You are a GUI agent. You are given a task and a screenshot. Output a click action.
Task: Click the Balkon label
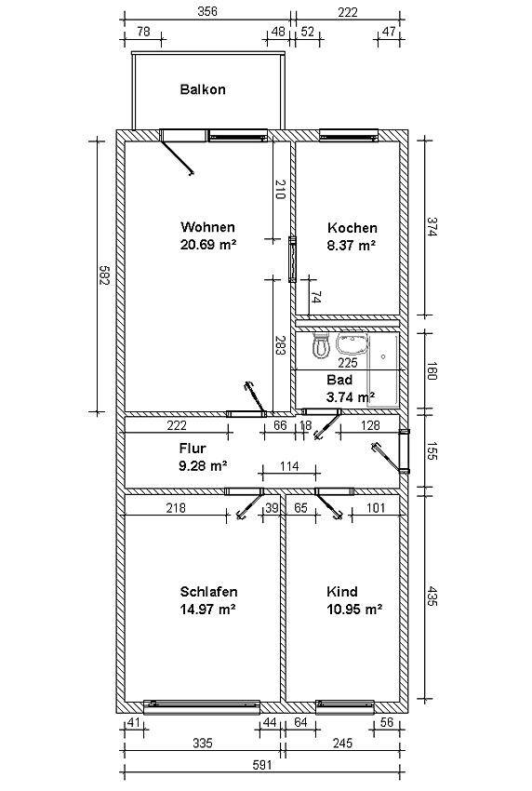pyautogui.click(x=203, y=89)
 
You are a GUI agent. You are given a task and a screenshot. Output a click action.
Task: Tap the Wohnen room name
pyautogui.click(x=207, y=227)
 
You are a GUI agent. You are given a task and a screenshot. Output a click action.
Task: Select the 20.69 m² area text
pyautogui.click(x=208, y=245)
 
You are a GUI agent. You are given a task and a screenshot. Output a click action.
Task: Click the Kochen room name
pyautogui.click(x=352, y=227)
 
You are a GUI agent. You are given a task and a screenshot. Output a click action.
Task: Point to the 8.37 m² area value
pyautogui.click(x=352, y=245)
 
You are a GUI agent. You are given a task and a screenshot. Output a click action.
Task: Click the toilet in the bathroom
pyautogui.click(x=321, y=345)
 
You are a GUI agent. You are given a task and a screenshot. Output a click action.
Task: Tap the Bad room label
pyautogui.click(x=339, y=380)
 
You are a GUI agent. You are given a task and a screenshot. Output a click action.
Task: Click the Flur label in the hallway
pyautogui.click(x=193, y=448)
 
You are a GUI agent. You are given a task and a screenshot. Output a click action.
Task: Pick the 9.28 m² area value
pyautogui.click(x=203, y=465)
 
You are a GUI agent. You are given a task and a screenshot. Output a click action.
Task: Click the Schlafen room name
pyautogui.click(x=208, y=591)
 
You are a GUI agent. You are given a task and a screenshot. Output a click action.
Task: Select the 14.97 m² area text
pyautogui.click(x=208, y=609)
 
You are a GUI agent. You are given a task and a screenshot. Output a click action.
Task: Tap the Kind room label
pyautogui.click(x=342, y=591)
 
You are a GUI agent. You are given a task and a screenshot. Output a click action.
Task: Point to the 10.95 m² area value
pyautogui.click(x=354, y=609)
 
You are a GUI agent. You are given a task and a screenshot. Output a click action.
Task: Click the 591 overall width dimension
pyautogui.click(x=262, y=765)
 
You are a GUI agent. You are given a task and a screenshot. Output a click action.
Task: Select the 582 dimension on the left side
pyautogui.click(x=104, y=275)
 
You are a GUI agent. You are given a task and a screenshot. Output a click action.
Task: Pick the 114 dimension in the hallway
pyautogui.click(x=289, y=466)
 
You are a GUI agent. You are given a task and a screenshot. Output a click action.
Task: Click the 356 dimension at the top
pyautogui.click(x=207, y=11)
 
